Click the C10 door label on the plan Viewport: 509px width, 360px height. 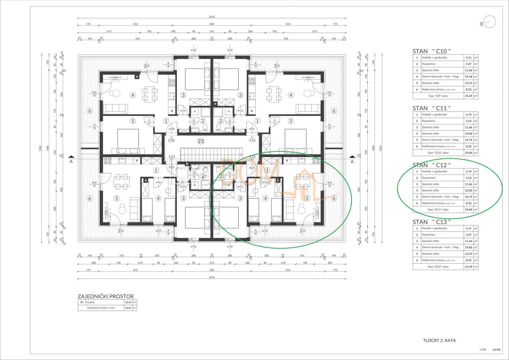(x=172, y=140)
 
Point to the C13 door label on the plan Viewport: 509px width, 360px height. (x=252, y=140)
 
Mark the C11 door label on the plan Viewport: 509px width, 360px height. (x=172, y=157)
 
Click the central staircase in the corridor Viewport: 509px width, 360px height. (x=211, y=152)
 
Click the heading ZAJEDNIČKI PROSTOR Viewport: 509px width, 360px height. (x=106, y=296)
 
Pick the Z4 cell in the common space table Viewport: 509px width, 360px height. (x=81, y=302)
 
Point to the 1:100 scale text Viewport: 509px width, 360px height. (x=482, y=349)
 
